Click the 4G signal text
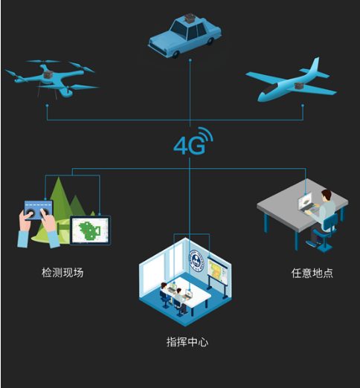(x=190, y=146)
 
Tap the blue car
(x=184, y=36)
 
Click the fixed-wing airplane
(x=292, y=82)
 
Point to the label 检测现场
(x=62, y=273)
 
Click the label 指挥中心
(x=187, y=342)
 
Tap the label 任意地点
(x=312, y=273)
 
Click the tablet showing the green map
(x=90, y=230)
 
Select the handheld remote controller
(x=39, y=210)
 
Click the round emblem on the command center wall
(x=196, y=261)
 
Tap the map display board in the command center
(x=218, y=271)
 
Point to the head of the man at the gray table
(x=327, y=195)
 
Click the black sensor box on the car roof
(x=190, y=18)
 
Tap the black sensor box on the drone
(x=48, y=74)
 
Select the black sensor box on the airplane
(x=300, y=85)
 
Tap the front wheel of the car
(x=176, y=54)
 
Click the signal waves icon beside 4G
(x=206, y=135)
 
